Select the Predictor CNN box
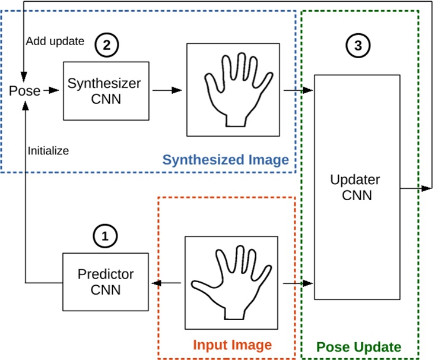106,282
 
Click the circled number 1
106,236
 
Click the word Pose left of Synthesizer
24,91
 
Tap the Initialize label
48,151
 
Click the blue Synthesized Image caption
226,160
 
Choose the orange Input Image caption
232,345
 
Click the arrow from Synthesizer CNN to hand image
167,90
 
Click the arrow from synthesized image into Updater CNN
298,90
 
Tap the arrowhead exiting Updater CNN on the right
426,188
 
